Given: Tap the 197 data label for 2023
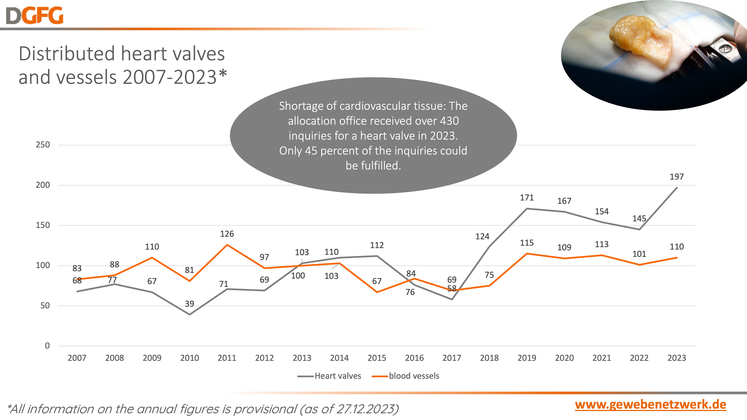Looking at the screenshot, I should click(x=677, y=177).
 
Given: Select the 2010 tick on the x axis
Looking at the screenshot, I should click(x=189, y=358).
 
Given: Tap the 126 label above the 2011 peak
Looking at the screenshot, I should click(x=227, y=234).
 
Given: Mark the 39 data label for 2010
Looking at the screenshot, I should click(x=189, y=304).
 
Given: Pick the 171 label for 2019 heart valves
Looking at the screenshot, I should click(x=527, y=198).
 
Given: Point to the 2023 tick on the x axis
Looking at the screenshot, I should click(x=677, y=358).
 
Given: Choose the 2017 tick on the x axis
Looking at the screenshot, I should click(x=452, y=358).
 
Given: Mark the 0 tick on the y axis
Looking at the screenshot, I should click(x=47, y=346).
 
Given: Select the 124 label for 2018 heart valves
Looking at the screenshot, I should click(x=482, y=237).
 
